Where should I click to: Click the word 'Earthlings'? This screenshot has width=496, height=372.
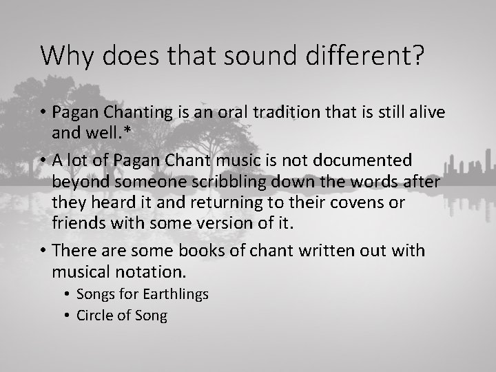coord(176,294)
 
